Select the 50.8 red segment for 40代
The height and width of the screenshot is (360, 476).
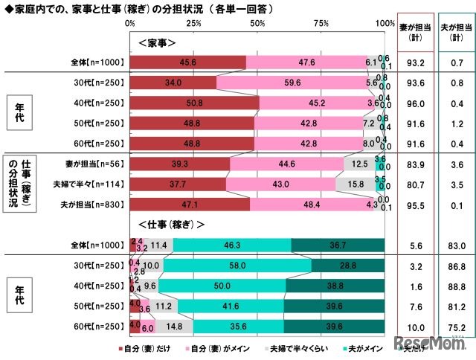[x=195, y=103]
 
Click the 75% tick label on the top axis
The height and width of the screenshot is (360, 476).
[x=321, y=24]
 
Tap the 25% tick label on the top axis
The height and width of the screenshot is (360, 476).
[x=193, y=24]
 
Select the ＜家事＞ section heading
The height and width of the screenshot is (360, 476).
[x=157, y=42]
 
